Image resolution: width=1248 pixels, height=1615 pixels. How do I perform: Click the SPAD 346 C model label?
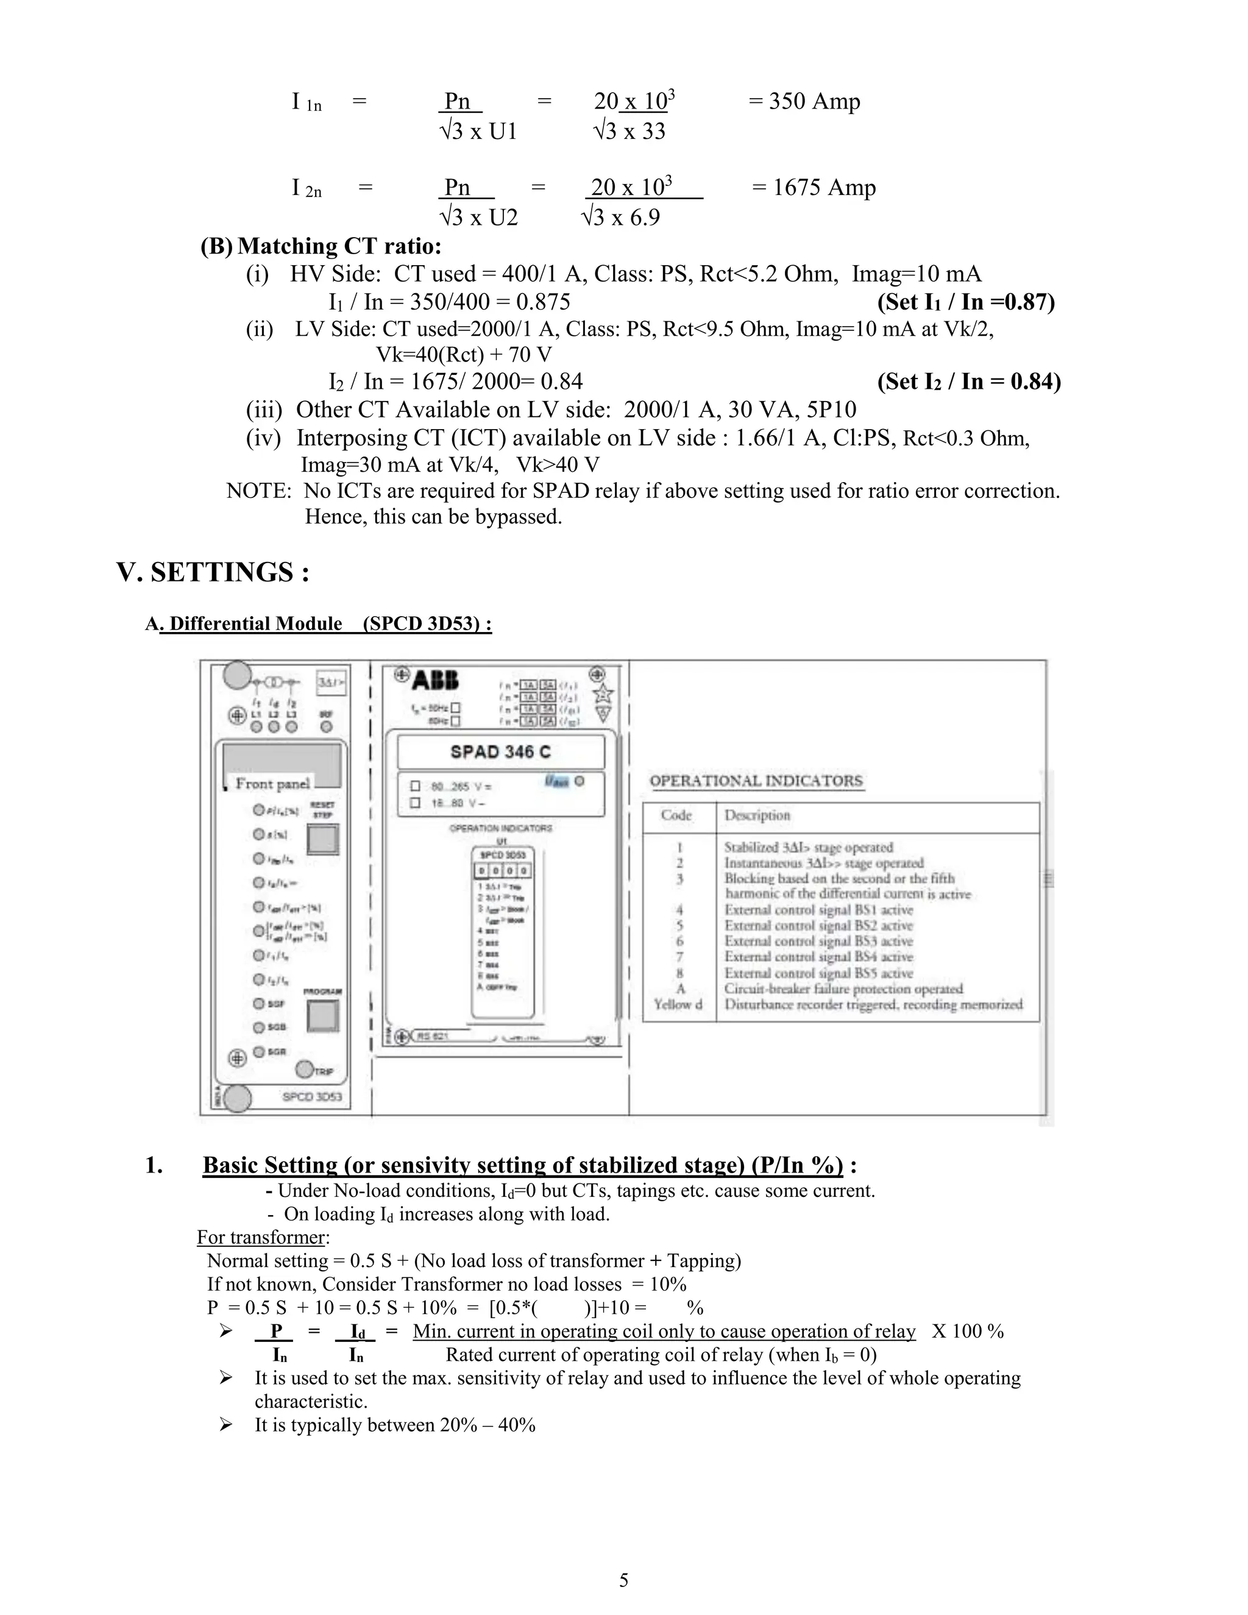click(500, 752)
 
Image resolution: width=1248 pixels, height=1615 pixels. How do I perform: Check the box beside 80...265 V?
click(416, 786)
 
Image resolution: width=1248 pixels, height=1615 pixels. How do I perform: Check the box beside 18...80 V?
click(416, 803)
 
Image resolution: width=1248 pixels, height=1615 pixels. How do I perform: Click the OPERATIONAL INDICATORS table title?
click(756, 781)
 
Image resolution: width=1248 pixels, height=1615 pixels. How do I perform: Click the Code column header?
click(676, 815)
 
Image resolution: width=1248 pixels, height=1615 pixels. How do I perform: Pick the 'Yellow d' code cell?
click(678, 1004)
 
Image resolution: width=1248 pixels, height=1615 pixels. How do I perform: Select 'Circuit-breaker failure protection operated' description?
click(843, 989)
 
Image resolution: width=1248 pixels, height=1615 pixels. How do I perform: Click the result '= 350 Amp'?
click(804, 101)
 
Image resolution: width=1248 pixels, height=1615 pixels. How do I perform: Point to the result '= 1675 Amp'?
click(814, 187)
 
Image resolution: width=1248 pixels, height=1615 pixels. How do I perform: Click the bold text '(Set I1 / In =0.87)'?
click(966, 302)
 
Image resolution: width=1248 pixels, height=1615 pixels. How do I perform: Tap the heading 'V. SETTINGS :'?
click(213, 572)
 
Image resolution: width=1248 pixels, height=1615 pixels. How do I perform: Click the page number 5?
click(623, 1580)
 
